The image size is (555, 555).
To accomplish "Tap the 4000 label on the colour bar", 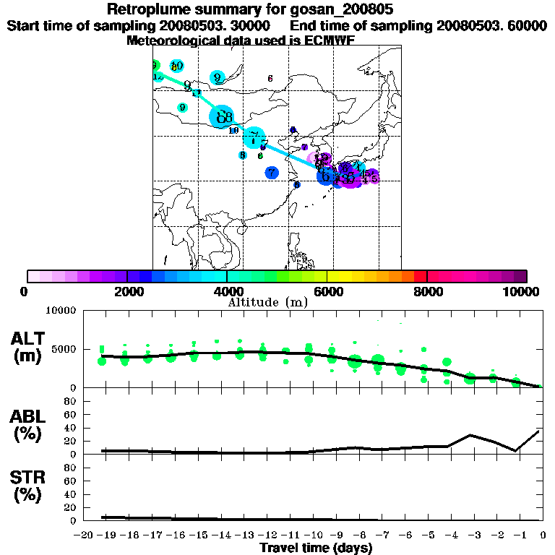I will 227,291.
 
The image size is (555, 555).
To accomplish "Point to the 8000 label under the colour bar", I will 427,291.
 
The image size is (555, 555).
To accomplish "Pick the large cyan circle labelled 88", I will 223,116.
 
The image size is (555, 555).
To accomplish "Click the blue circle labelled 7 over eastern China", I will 271,173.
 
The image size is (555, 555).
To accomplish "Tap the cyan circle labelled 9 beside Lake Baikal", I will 182,108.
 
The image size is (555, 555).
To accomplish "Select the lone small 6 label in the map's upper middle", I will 270,78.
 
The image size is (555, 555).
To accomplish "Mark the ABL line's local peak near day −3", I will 470,435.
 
